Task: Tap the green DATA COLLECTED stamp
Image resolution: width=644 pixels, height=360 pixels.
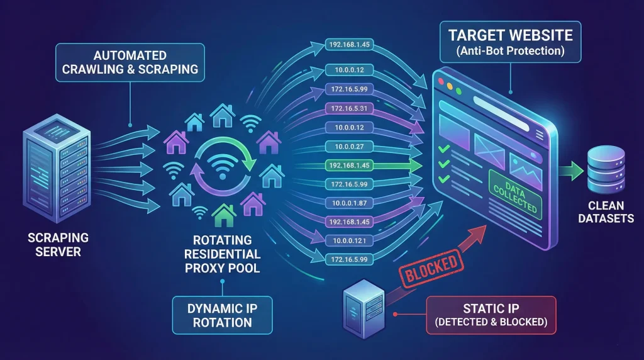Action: click(514, 194)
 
